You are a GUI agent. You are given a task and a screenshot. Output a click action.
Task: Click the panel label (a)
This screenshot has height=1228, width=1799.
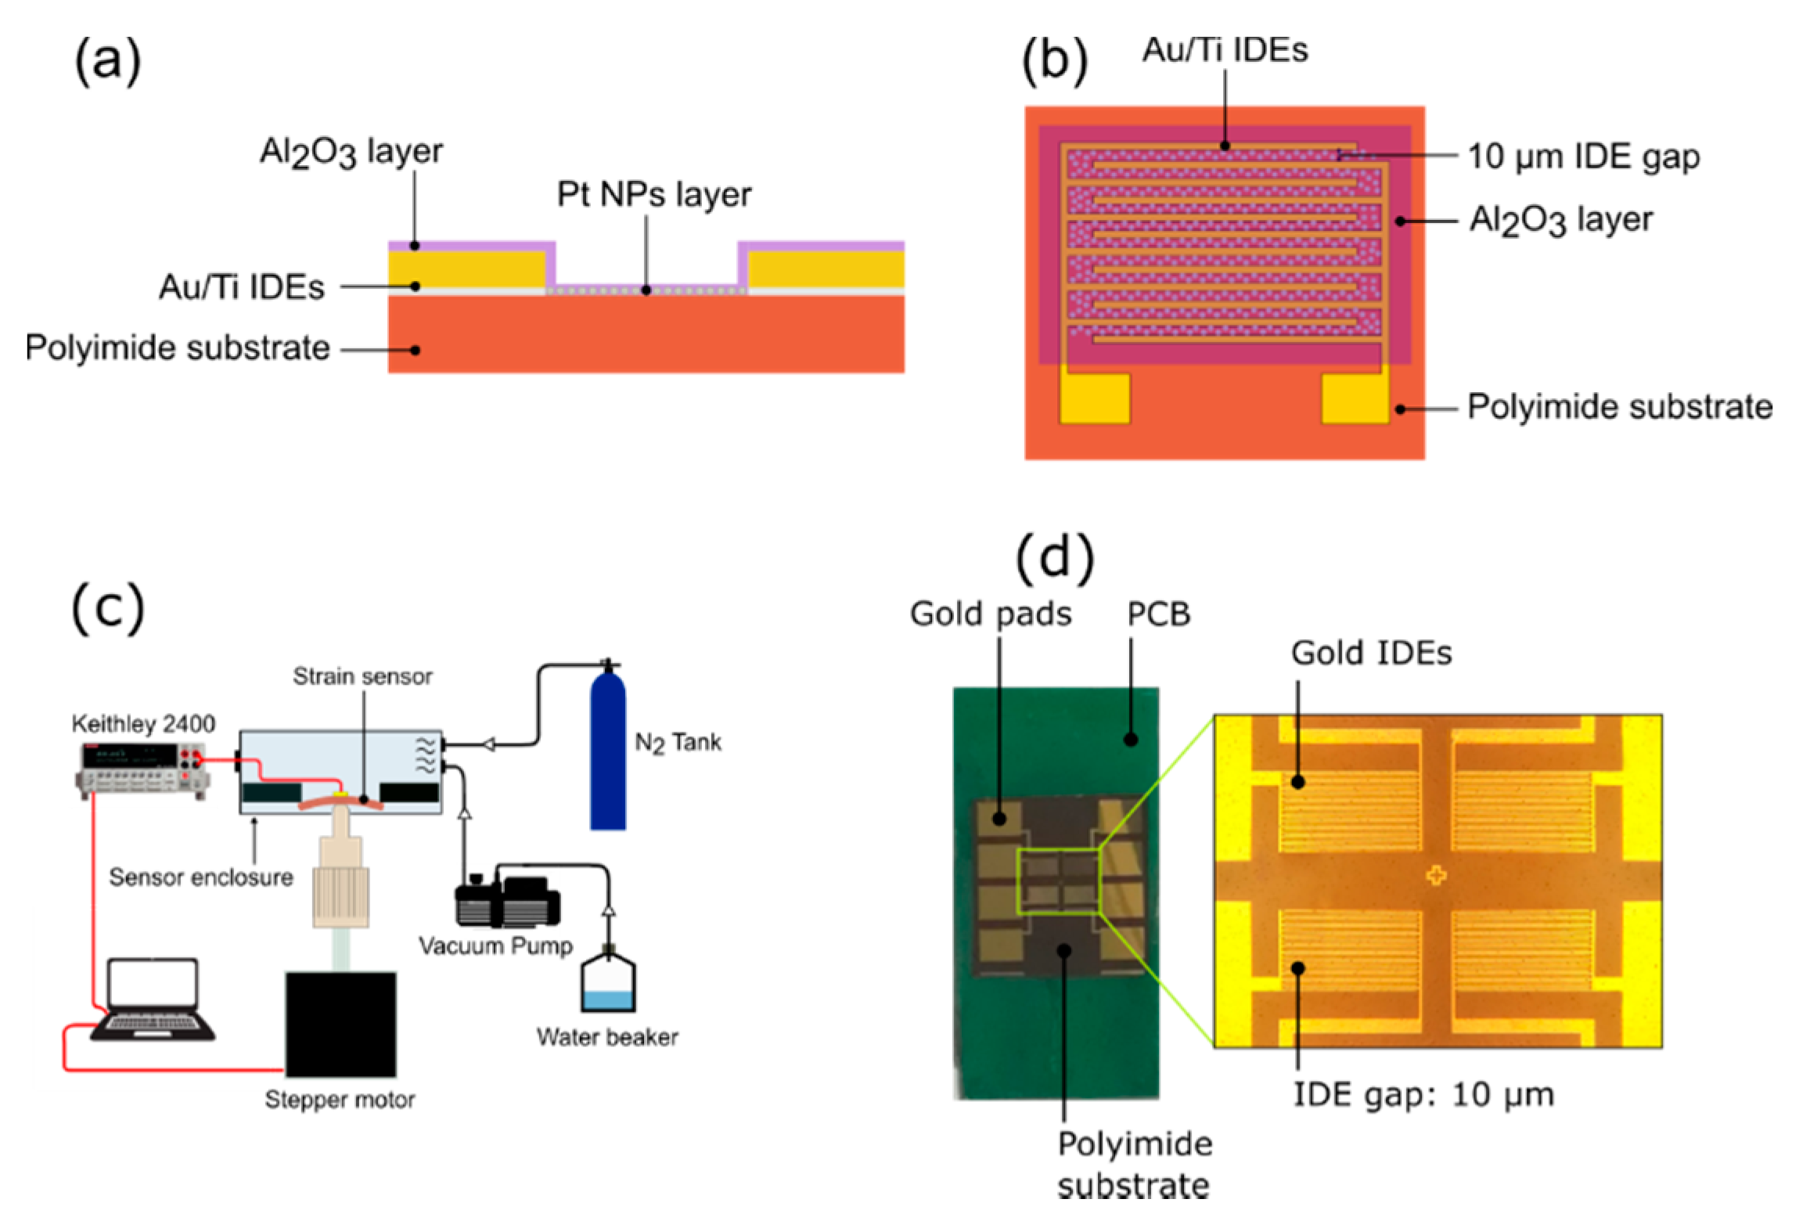[108, 61]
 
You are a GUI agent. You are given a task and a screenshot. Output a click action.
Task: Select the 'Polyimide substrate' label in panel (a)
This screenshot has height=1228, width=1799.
[178, 348]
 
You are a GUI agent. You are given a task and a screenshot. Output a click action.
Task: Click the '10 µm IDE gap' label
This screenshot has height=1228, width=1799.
[1581, 157]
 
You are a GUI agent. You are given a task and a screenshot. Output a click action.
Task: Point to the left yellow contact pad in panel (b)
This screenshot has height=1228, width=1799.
[1093, 398]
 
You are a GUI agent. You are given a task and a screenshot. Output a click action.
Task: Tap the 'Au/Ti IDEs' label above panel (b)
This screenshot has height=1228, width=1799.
[1224, 51]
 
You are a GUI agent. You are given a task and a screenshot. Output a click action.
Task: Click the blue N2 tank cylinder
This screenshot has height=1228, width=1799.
[607, 751]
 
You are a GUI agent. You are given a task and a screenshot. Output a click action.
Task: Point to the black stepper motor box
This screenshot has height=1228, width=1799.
[340, 1024]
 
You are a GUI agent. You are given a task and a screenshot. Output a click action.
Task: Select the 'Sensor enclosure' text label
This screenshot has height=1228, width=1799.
[200, 877]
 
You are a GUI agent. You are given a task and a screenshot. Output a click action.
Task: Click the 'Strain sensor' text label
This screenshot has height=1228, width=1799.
[362, 676]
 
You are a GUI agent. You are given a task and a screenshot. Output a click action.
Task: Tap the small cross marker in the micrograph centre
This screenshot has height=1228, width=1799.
[1435, 875]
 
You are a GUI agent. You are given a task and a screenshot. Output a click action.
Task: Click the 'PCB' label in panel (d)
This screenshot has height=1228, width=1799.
[1158, 614]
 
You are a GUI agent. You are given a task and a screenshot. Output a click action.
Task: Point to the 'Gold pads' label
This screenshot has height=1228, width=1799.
[990, 614]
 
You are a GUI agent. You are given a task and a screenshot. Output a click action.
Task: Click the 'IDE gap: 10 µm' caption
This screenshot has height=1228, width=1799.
[1422, 1094]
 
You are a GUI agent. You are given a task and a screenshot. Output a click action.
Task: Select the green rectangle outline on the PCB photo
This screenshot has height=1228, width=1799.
[1058, 881]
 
